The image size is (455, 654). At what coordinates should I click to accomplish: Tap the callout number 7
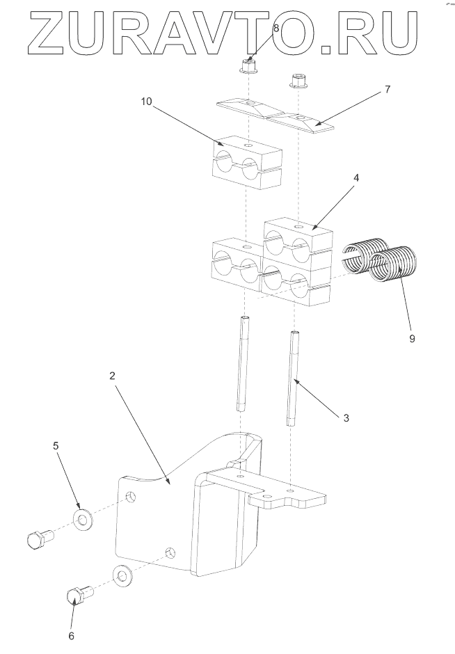388,90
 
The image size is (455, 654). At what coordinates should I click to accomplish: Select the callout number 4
356,178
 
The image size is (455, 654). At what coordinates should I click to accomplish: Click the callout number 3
346,418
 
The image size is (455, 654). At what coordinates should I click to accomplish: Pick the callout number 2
113,375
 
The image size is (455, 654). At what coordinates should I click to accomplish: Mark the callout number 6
70,635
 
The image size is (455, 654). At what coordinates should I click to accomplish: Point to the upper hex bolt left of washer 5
39,539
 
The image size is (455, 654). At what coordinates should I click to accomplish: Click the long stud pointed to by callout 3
294,379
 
